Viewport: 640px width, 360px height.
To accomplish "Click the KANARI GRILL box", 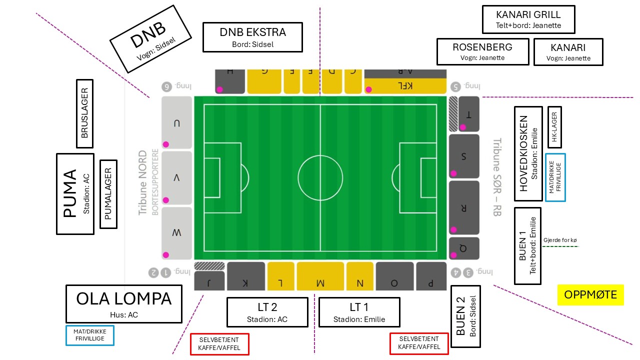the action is pos(528,19).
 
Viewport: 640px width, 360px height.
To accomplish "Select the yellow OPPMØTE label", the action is pos(590,295).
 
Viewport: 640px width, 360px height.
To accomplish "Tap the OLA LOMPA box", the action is pos(124,304).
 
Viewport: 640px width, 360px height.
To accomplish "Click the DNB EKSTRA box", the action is pos(252,37).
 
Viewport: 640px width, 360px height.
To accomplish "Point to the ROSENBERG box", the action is pos(483,51).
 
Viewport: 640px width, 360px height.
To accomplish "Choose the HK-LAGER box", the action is pos(554,127).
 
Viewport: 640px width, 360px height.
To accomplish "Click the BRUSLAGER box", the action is pos(85,113).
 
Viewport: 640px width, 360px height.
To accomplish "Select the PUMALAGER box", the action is pos(108,194).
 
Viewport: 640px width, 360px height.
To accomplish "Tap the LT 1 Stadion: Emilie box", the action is pos(359,312).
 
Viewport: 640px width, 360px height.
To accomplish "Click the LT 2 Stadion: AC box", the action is pos(267,312).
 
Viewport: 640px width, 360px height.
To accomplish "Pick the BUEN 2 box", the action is pos(465,316).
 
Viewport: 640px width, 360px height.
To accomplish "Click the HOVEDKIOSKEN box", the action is pos(528,153).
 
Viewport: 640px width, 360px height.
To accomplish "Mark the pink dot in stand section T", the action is pos(463,127).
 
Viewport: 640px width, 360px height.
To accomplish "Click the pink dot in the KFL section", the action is pos(369,89).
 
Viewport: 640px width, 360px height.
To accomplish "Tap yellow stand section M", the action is pos(320,276).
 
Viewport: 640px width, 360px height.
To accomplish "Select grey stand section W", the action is pos(176,233).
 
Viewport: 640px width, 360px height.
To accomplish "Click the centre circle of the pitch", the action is pos(320,155).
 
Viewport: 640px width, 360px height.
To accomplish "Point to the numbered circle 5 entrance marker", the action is pos(455,86).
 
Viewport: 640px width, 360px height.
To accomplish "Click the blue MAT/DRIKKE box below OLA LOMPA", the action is pos(90,335).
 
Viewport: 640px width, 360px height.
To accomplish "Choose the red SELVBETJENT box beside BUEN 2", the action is pos(419,343).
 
